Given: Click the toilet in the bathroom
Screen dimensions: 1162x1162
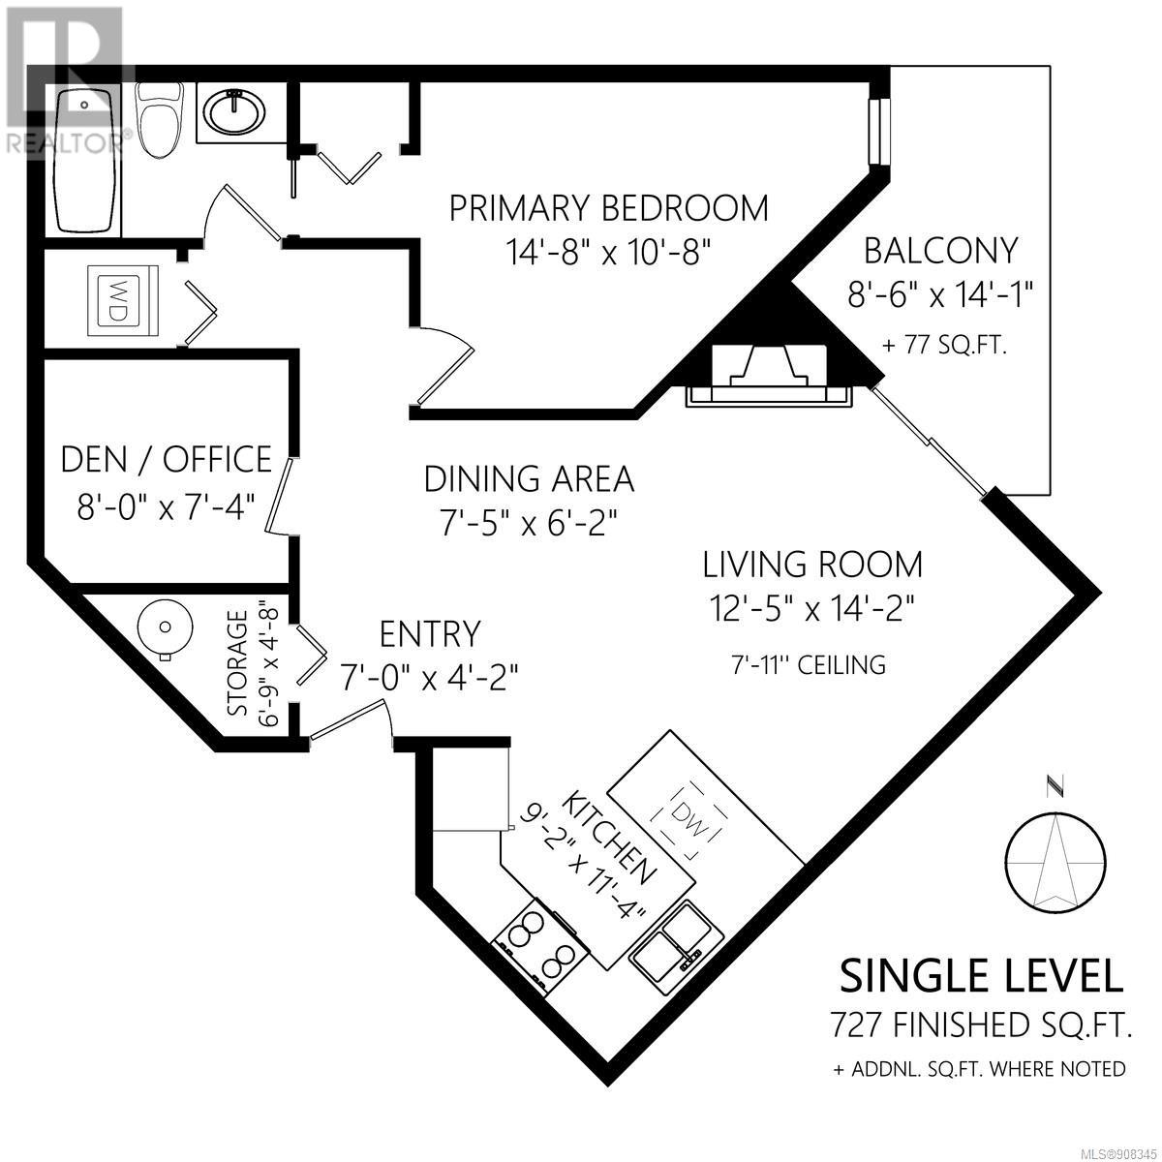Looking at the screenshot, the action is (160, 119).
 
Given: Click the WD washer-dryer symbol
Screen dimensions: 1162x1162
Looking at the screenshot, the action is (122, 300).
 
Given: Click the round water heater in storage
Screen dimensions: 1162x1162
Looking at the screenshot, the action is (166, 627).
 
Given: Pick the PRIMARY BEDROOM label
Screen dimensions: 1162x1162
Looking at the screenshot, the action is (609, 208).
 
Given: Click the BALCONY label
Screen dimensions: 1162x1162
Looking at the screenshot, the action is (941, 251).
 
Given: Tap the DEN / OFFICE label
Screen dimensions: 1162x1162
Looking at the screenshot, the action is (167, 460).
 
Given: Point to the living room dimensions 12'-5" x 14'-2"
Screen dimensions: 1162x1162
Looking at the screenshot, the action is (812, 608).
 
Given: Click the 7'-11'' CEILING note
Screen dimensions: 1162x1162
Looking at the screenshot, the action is (809, 665).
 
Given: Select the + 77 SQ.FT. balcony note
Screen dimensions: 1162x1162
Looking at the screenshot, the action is (944, 346).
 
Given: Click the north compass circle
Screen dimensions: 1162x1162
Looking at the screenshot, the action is (1055, 863).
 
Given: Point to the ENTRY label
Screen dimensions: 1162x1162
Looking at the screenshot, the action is (430, 633).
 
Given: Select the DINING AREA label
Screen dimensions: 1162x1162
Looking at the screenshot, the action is (529, 479).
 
